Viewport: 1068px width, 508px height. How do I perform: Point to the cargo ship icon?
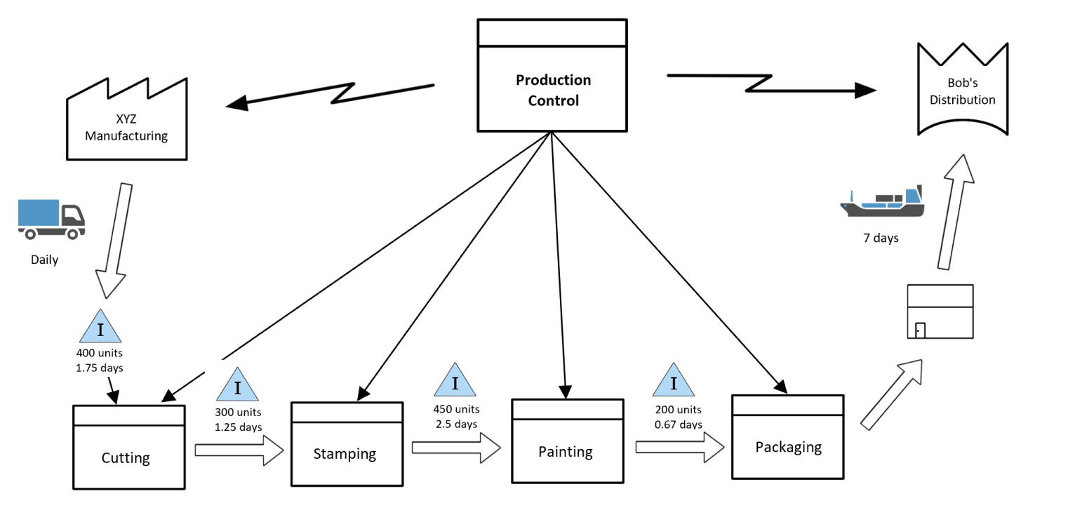point(883,203)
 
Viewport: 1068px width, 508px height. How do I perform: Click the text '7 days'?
point(881,239)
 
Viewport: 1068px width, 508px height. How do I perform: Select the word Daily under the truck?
point(44,260)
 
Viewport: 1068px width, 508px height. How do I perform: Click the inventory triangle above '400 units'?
point(100,327)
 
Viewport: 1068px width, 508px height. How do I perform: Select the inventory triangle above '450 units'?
point(455,381)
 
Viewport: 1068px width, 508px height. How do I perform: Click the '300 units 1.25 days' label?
point(238,420)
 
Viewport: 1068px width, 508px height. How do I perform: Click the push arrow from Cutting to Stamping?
point(239,450)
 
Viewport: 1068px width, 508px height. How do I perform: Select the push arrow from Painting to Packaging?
point(679,447)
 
